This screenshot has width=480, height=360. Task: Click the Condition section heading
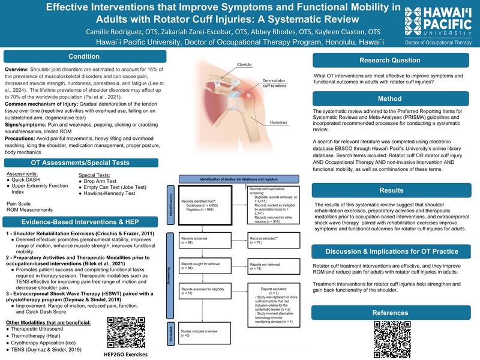80,57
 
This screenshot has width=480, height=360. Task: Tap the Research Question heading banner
389,61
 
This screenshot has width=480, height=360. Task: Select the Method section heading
389,98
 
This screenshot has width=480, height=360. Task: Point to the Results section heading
389,190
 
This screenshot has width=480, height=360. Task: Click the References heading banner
389,313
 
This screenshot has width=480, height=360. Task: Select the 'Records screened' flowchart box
203,242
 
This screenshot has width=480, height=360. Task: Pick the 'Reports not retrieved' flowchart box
271,266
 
